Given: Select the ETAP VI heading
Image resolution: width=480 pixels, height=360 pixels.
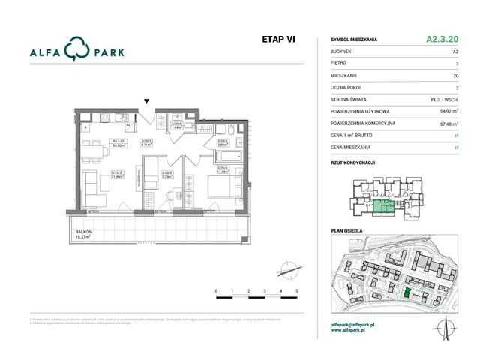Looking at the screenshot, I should point(278,40).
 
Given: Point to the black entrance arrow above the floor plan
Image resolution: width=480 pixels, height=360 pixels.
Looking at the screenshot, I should point(147,101).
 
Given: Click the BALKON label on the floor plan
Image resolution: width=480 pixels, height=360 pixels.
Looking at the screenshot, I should point(83,233).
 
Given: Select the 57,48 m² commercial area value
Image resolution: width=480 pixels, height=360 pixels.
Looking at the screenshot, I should point(448,123).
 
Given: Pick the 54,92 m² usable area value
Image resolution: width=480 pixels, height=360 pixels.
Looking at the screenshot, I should point(448,111).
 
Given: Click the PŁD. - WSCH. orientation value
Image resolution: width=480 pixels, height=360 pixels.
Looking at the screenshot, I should point(445,99).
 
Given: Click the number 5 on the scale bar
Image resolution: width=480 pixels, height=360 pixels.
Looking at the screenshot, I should point(298,290).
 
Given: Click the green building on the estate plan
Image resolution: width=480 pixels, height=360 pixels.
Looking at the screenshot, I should point(407,293).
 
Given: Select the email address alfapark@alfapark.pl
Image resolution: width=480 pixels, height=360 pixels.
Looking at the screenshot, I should point(358,325).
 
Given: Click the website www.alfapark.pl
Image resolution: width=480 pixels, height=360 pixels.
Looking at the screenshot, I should point(352,331).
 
